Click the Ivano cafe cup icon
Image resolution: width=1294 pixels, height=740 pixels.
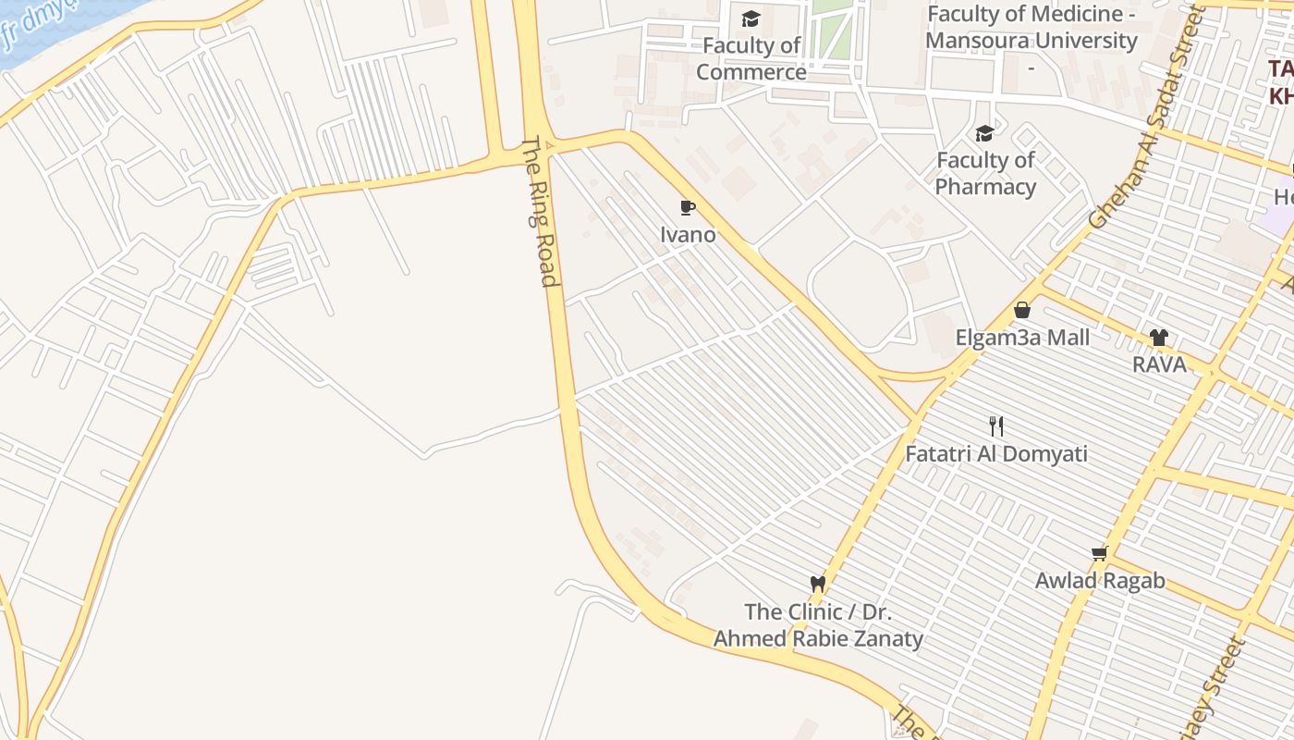coord(687,207)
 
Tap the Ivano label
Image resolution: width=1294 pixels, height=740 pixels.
coord(688,235)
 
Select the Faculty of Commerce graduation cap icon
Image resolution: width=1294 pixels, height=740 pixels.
coord(751,18)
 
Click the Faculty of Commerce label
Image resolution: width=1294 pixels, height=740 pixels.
coord(751,58)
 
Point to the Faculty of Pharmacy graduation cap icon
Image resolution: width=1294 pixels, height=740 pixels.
coord(984,133)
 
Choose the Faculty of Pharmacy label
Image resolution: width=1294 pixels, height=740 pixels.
coord(985,173)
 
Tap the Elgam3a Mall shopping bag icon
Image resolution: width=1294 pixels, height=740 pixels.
coord(1022,310)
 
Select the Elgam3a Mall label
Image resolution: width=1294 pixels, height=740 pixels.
coord(1022,338)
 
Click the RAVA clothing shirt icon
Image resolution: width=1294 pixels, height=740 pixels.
coord(1159,338)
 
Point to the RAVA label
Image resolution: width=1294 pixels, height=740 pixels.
coord(1159,364)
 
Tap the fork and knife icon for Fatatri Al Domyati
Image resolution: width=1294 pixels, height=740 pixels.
coord(995,426)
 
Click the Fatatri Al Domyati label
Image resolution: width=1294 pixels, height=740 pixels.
coord(995,454)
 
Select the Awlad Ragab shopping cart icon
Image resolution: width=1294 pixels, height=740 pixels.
coord(1099,553)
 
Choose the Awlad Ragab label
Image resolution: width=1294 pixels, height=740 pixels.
coord(1099,581)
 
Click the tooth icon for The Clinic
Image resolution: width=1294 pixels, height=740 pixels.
coord(817,584)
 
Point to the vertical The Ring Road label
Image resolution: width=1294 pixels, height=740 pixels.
coord(541,213)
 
